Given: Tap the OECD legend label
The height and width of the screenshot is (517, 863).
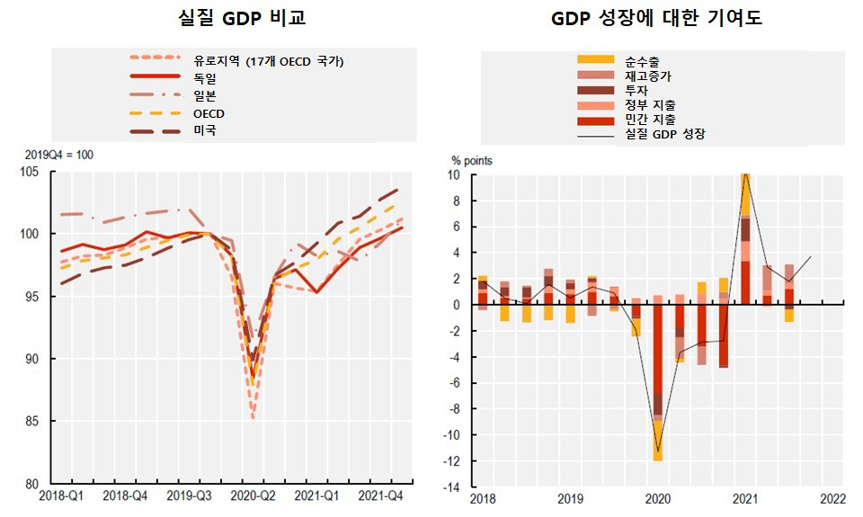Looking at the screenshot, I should click(209, 113).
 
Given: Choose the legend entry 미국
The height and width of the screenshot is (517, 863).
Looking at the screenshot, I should click(205, 130).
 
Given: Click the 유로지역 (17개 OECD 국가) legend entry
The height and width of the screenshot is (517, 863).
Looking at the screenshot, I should click(269, 60).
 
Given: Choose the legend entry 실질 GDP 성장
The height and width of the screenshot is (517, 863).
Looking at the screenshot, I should click(664, 134).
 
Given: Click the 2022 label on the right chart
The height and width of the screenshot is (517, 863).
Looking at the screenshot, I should click(832, 498).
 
